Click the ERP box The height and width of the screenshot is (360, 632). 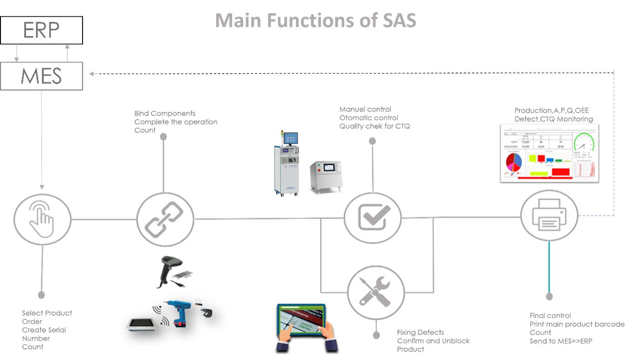pyautogui.click(x=41, y=30)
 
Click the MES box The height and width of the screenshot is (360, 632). pyautogui.click(x=41, y=76)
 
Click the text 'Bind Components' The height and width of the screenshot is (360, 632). pyautogui.click(x=165, y=113)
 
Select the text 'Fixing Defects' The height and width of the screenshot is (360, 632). pyautogui.click(x=420, y=332)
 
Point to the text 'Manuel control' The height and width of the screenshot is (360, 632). pyautogui.click(x=365, y=110)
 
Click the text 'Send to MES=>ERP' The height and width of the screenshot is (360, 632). pyautogui.click(x=560, y=341)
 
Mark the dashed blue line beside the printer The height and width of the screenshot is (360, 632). pyautogui.click(x=596, y=215)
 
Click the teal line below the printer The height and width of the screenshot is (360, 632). pyautogui.click(x=549, y=267)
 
